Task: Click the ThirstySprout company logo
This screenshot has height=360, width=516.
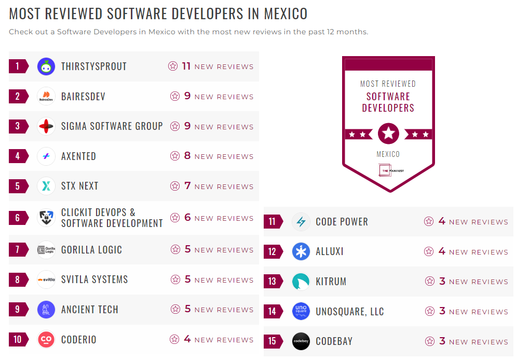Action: coord(46,66)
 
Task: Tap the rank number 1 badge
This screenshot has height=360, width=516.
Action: coord(18,66)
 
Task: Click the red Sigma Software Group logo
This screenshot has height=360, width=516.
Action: coord(46,126)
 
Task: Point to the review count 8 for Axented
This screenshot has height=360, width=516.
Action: coord(187,156)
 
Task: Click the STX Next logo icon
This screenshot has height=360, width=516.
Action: coord(46,186)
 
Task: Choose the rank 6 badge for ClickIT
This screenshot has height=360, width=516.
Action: coord(18,218)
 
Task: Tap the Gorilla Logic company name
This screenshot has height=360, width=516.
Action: coord(91,250)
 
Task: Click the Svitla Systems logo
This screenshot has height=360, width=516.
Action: coord(46,280)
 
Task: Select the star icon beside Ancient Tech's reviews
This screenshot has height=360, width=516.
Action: coord(175,310)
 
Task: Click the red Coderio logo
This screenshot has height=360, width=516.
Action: coord(46,340)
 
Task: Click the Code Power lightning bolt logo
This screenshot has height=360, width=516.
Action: coord(301,222)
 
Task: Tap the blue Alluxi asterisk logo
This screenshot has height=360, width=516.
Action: coord(301,252)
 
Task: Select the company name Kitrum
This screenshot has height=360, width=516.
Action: coord(331,282)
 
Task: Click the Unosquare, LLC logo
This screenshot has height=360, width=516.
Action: coord(301,312)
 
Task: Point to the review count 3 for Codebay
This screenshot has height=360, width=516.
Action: coord(442,341)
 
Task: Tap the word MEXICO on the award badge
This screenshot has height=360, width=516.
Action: coord(388,154)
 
